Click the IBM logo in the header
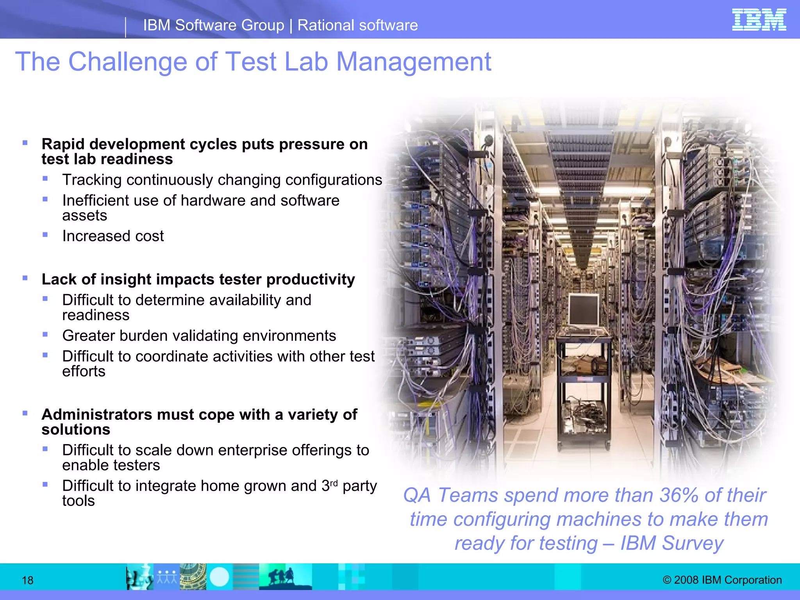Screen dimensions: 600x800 pos(759,20)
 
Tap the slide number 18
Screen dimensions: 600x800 pos(27,580)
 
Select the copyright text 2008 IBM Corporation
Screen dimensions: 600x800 pos(722,580)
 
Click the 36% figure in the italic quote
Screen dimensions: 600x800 pos(679,495)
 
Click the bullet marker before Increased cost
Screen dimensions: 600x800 pos(45,235)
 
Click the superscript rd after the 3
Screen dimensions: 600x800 pos(334,483)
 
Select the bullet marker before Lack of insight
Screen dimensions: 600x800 pos(25,278)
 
